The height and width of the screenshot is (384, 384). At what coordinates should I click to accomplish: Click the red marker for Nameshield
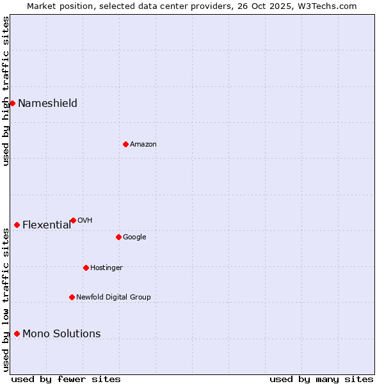click(12, 103)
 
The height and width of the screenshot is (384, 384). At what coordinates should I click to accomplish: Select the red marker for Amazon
click(125, 144)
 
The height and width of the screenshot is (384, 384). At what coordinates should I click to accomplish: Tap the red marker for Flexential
click(17, 225)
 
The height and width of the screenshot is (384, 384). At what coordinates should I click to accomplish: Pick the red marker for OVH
click(73, 220)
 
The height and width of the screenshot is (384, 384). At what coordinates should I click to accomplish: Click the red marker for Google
click(118, 237)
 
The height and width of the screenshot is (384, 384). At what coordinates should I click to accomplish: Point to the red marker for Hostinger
click(86, 268)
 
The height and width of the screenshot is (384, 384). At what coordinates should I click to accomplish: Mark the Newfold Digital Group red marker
click(72, 297)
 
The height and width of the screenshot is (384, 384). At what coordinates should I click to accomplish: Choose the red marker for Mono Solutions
click(17, 333)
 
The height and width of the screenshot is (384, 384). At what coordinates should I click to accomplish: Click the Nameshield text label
click(47, 104)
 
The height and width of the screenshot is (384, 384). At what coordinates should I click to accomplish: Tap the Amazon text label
click(143, 145)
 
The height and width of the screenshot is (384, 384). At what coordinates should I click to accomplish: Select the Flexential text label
click(47, 225)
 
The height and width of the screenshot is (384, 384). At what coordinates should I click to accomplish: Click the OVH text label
click(84, 221)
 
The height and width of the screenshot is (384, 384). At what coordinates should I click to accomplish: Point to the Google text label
click(134, 237)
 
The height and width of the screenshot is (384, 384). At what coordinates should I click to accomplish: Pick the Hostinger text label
click(106, 268)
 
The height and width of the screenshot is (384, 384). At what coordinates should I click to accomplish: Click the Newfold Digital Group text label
click(113, 298)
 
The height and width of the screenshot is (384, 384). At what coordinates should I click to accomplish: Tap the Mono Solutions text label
click(61, 334)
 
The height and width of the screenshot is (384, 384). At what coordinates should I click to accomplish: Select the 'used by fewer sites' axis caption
click(66, 379)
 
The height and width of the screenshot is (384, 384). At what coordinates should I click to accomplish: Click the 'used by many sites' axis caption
click(321, 379)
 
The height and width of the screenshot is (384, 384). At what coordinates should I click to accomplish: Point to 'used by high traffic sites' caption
click(6, 91)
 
